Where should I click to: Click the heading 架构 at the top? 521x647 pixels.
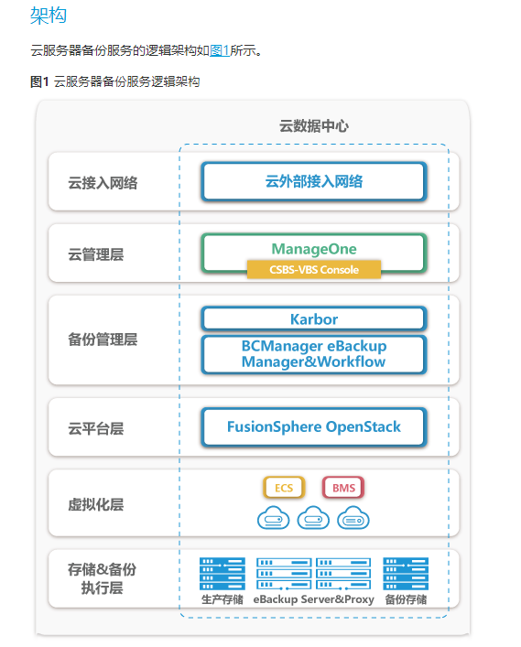48,16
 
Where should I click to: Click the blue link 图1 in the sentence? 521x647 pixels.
220,50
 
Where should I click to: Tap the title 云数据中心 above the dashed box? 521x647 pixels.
313,126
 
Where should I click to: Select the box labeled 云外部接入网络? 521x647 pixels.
314,181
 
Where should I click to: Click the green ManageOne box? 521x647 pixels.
314,248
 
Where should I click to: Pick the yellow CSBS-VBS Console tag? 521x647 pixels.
314,270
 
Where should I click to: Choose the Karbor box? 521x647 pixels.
314,319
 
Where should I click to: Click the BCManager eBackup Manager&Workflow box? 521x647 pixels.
314,354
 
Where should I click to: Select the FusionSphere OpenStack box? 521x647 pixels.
314,426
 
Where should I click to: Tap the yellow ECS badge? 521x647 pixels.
284,488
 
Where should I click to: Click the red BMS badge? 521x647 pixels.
343,488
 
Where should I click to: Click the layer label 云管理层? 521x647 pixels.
95,254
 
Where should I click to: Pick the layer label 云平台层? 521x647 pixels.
95,428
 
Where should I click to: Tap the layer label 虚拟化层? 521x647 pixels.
95,502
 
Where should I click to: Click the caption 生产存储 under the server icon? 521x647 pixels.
222,600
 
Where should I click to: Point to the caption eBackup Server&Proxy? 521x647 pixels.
314,600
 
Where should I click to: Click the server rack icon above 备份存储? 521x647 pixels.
406,573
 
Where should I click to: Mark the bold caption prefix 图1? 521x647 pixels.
39,81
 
